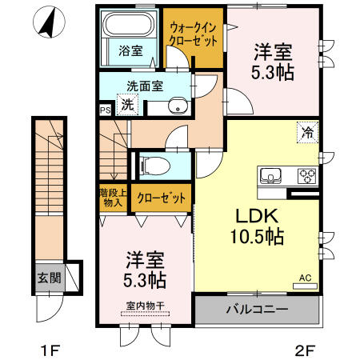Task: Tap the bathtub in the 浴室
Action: (x=129, y=23)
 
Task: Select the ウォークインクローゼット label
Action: (x=194, y=34)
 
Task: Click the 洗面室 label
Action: (x=145, y=86)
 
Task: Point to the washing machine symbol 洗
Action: (x=127, y=105)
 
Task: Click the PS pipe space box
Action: (x=105, y=110)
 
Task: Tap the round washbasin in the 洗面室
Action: (x=178, y=106)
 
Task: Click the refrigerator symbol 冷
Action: (x=308, y=132)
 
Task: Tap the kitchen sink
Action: (x=271, y=175)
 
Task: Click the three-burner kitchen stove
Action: (x=307, y=176)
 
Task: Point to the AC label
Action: (x=306, y=278)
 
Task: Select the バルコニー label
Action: (x=258, y=310)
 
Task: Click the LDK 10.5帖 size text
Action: (x=257, y=226)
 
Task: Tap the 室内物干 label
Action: (x=145, y=306)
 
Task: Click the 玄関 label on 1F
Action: (x=50, y=278)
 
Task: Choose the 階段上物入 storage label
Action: (x=113, y=198)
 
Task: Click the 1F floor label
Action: (x=50, y=350)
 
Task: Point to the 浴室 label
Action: (x=130, y=50)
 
